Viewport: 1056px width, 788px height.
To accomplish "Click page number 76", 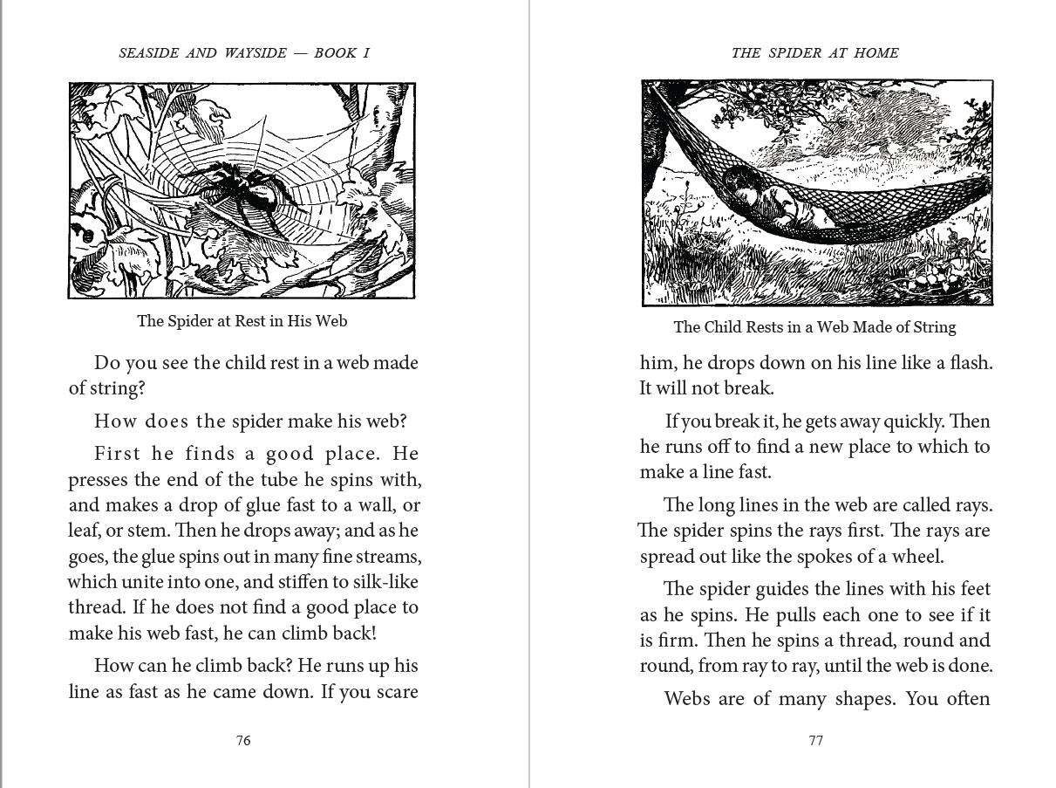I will tap(243, 741).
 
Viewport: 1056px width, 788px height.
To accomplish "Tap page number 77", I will tap(815, 741).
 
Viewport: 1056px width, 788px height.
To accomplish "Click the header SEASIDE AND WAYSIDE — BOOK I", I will tap(244, 53).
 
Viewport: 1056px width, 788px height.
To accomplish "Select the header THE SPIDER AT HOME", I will tap(814, 53).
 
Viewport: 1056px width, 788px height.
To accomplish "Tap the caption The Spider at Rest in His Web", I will tap(242, 321).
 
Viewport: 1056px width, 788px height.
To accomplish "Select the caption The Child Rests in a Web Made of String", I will tap(814, 328).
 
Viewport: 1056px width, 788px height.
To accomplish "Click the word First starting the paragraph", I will tap(118, 454).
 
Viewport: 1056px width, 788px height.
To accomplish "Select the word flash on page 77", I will tap(965, 363).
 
